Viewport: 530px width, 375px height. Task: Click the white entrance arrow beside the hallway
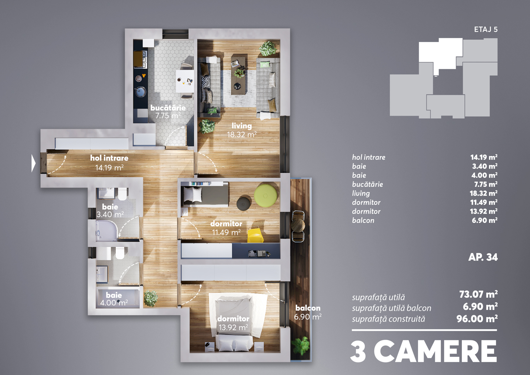pos(33,163)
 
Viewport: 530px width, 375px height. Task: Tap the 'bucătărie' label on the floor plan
pos(168,108)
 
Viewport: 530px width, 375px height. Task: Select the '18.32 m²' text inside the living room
pos(242,135)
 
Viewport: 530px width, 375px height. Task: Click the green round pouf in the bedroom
pos(265,196)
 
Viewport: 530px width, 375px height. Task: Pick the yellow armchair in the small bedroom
pos(255,235)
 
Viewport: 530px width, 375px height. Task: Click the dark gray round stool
pos(244,203)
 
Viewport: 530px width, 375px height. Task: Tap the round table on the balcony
pos(298,225)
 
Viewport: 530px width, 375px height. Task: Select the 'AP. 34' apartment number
pos(483,257)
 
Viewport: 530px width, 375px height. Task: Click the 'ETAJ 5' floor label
pos(486,29)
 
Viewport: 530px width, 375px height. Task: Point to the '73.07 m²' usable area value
pos(478,294)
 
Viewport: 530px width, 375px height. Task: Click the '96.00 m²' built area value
pos(477,319)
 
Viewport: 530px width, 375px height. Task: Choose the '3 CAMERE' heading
pos(424,351)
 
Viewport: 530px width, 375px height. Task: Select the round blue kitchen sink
pos(140,91)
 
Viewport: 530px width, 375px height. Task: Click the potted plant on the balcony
pos(300,346)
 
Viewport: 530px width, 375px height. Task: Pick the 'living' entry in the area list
pos(361,194)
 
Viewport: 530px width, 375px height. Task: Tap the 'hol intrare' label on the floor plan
pos(109,158)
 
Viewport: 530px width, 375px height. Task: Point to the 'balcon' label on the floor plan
pos(308,308)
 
